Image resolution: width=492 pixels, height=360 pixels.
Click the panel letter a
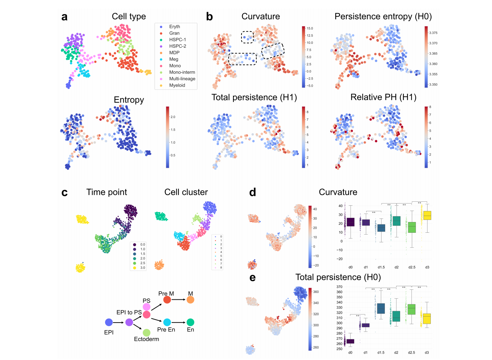(x=64, y=17)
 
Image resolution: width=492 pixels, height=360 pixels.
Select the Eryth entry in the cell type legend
(x=174, y=27)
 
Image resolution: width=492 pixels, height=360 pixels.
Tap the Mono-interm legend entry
(x=182, y=72)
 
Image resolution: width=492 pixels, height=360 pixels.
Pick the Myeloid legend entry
(x=177, y=85)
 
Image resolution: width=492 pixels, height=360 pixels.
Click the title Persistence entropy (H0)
(x=383, y=16)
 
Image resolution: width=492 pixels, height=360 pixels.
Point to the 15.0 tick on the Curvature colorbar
(x=310, y=29)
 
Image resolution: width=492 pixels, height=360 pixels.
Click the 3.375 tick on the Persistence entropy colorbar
(x=433, y=33)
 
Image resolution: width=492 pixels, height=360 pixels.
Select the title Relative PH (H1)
(x=383, y=97)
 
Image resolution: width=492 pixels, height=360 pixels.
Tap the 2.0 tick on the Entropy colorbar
(x=173, y=117)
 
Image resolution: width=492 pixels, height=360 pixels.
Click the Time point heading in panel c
(x=107, y=192)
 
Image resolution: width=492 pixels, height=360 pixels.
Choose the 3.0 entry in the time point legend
(x=143, y=268)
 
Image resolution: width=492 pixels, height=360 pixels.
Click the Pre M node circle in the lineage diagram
(x=167, y=300)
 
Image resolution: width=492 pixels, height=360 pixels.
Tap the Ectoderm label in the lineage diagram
(x=146, y=339)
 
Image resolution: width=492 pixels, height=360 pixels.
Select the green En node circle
(x=191, y=322)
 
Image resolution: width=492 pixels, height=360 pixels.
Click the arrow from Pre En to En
(x=179, y=322)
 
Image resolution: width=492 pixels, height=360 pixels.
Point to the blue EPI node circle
(x=109, y=322)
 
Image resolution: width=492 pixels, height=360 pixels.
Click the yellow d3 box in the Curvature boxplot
(x=427, y=215)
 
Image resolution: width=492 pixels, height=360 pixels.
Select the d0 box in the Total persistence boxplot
(x=350, y=341)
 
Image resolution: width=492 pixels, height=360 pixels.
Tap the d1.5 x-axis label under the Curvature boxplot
(x=381, y=267)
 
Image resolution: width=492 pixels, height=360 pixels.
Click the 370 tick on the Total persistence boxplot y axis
(x=339, y=287)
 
